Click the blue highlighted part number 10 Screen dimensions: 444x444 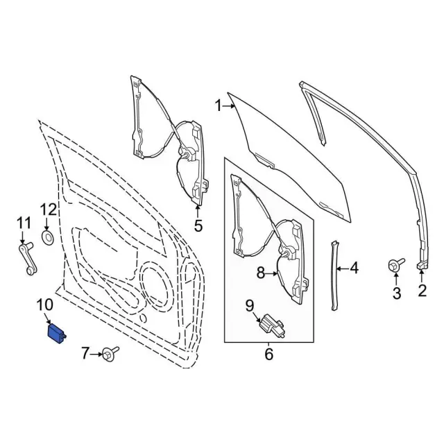point(55,332)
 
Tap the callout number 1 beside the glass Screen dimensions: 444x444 point(218,106)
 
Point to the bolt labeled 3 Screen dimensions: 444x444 point(397,265)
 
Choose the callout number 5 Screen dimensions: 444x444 point(198,225)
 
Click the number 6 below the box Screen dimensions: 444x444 point(269,355)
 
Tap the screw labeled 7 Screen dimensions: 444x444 point(110,355)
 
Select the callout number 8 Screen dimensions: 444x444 point(262,273)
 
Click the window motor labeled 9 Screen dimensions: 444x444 point(271,325)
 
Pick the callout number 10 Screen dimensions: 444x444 point(44,304)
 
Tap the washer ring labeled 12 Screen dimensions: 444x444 point(49,238)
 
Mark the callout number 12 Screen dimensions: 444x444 point(48,209)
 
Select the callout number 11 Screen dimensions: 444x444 point(24,222)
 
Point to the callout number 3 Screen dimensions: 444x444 point(397,293)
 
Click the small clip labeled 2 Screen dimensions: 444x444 point(421,265)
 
